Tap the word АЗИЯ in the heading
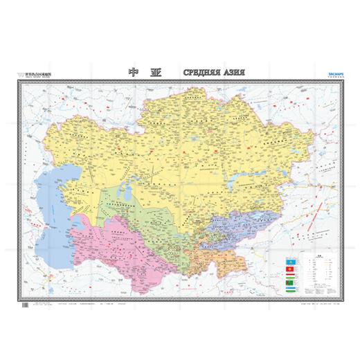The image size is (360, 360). tap(235, 72)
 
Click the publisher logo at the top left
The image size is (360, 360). tap(35, 74)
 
